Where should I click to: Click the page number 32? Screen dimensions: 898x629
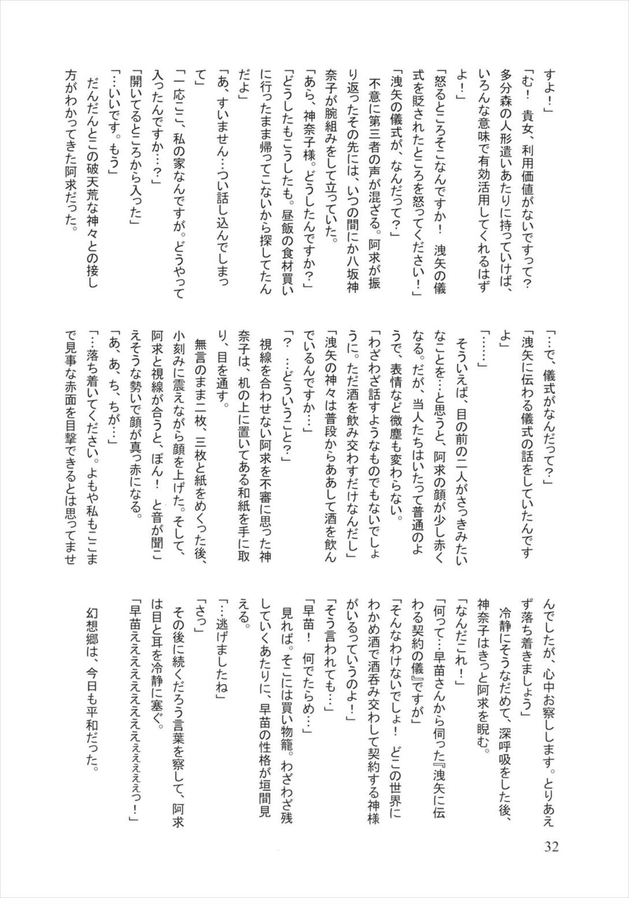(551, 847)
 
